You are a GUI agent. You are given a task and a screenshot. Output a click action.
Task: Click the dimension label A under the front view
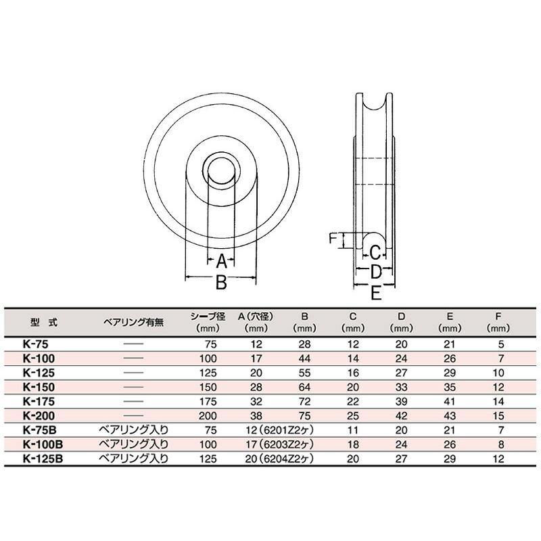point(220,259)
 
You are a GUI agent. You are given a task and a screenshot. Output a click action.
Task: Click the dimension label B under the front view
point(220,283)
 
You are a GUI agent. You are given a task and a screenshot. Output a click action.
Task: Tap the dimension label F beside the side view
point(332,239)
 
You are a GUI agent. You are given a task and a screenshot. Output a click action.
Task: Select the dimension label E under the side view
point(377,292)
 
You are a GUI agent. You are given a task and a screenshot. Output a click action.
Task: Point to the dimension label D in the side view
point(377,272)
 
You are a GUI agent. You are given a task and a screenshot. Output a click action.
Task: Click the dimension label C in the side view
point(375,254)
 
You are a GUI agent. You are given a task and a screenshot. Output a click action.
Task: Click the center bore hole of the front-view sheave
point(220,169)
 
